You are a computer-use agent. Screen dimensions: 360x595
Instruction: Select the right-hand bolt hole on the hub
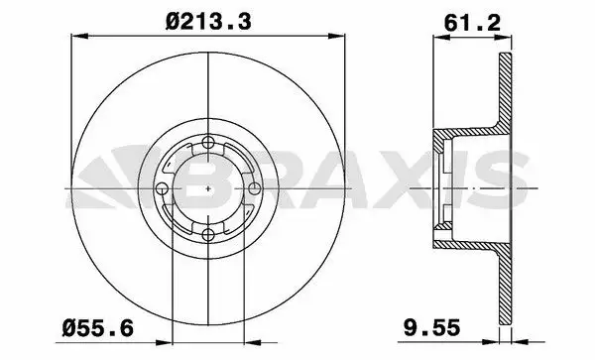click(253, 188)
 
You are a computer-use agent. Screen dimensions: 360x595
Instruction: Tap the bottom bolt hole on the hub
click(207, 234)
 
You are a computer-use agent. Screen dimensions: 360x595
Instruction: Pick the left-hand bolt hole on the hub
click(162, 188)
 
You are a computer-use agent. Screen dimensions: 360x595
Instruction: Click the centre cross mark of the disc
click(207, 188)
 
